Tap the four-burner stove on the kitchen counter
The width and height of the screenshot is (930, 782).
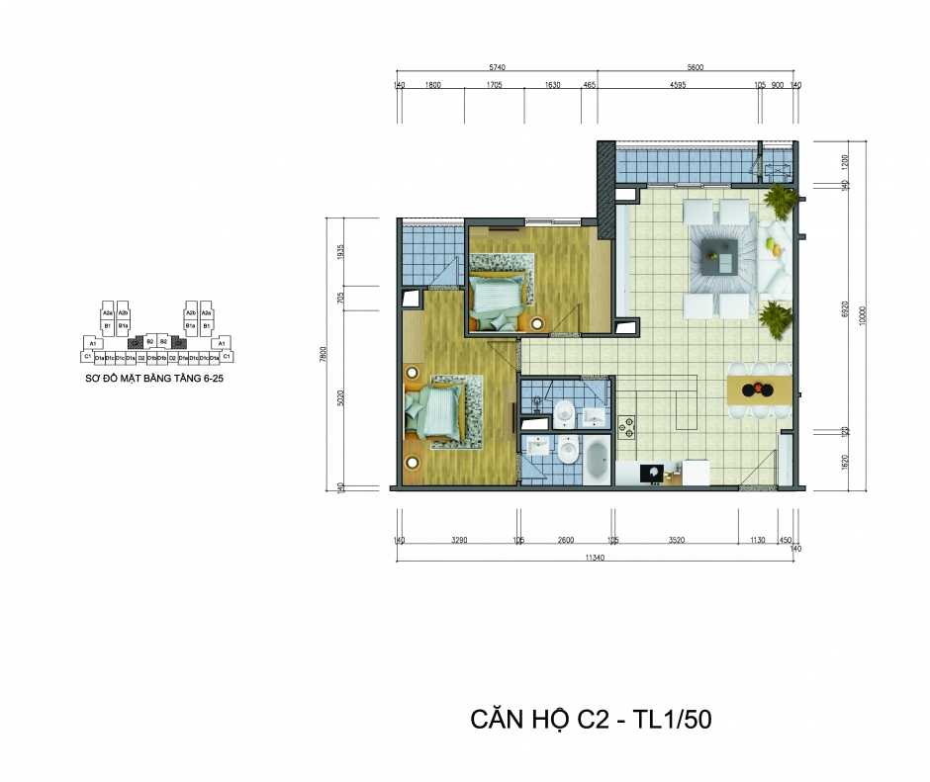[625, 427]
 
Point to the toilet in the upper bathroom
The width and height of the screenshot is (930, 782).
[563, 412]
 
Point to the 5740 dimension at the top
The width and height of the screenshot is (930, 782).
[497, 67]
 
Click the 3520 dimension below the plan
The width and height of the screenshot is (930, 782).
[677, 541]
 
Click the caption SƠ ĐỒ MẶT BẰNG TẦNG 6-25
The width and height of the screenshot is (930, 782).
[156, 379]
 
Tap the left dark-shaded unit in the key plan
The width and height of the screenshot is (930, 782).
[137, 341]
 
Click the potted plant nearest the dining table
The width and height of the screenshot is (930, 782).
[777, 318]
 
